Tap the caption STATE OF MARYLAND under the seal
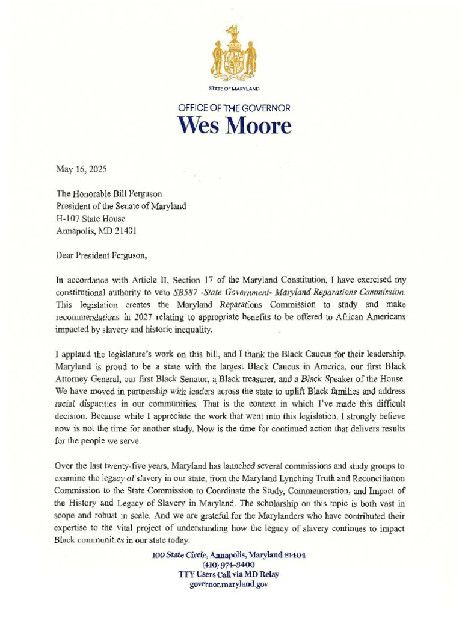(234, 89)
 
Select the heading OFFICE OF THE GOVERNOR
(234, 108)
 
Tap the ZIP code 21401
(125, 231)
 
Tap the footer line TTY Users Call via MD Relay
(229, 575)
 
